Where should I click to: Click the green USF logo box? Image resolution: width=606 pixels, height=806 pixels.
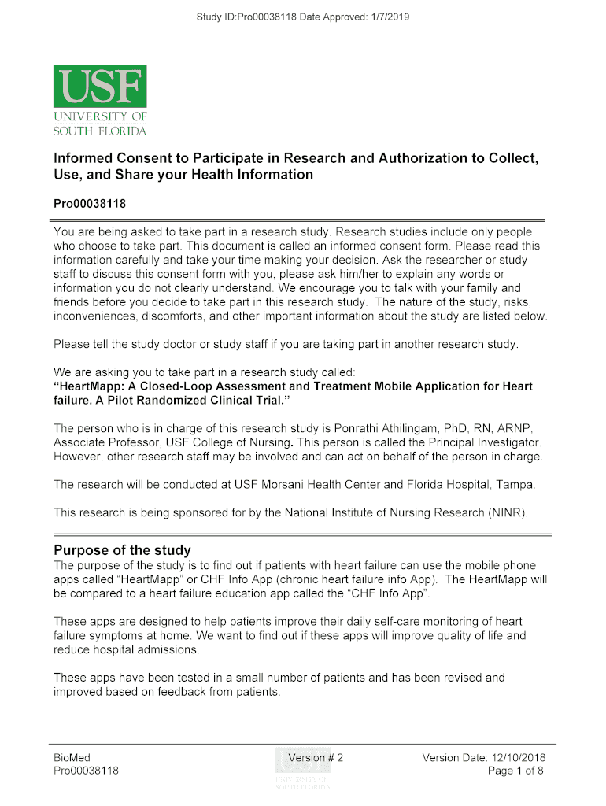click(100, 87)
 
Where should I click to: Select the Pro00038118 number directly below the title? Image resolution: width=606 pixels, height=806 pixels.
click(90, 203)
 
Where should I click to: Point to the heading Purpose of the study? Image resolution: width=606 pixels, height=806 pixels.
click(122, 549)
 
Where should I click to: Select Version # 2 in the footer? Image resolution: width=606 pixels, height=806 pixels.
click(316, 758)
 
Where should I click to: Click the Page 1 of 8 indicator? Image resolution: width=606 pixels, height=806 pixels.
click(515, 771)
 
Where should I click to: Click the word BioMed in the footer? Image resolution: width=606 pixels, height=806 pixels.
click(72, 758)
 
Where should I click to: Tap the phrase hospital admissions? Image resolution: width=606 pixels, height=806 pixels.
click(143, 650)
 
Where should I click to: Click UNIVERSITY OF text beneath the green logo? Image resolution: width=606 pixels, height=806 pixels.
click(100, 117)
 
